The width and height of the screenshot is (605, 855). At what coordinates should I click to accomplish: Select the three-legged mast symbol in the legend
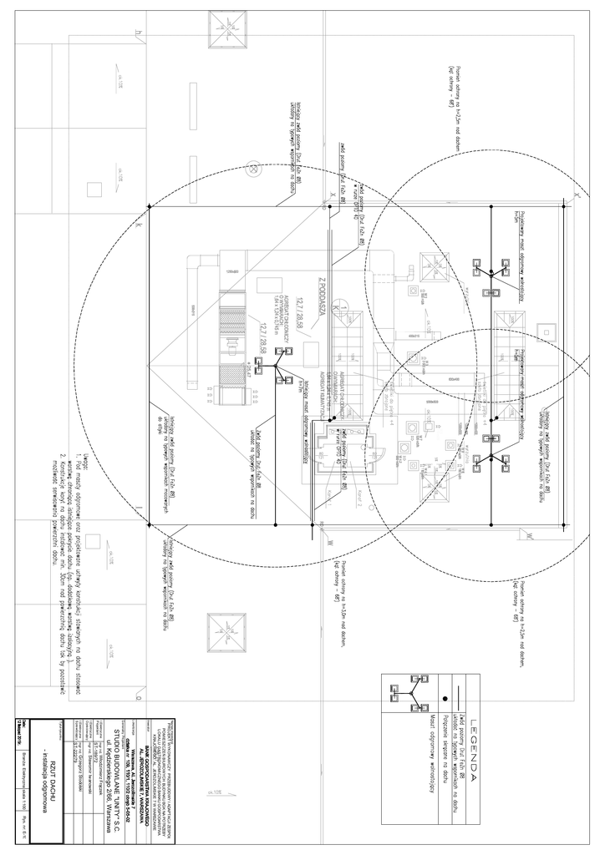[406, 695]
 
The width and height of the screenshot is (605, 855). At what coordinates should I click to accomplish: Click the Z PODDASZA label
[320, 297]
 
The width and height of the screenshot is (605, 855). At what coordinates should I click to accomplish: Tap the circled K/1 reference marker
[336, 311]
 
